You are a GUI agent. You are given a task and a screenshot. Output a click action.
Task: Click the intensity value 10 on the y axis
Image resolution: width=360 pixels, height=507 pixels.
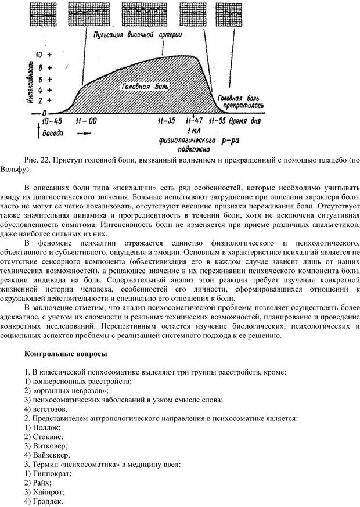click(39, 53)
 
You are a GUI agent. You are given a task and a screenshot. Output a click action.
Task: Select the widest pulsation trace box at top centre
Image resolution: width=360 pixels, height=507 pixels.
click(140, 12)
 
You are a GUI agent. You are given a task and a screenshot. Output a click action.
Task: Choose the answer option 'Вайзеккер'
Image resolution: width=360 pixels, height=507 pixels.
click(47, 454)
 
